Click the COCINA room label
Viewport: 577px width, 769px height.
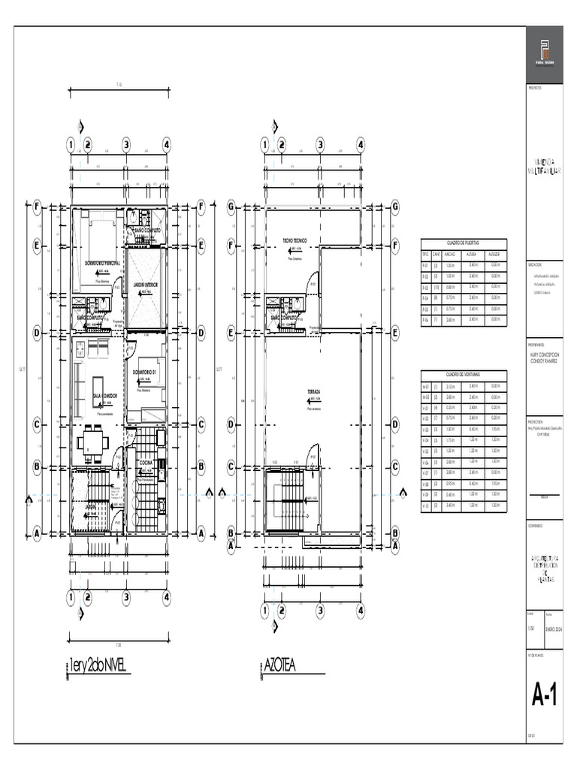click(x=146, y=463)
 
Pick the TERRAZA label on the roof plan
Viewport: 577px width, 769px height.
click(x=314, y=392)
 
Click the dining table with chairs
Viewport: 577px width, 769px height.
click(x=93, y=442)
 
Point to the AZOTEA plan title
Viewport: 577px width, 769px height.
click(x=279, y=665)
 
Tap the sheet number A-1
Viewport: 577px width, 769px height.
click(x=545, y=697)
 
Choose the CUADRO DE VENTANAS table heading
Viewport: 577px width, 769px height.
click(x=464, y=374)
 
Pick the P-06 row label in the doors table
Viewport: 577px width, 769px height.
click(x=425, y=319)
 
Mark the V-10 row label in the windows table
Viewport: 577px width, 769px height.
click(x=425, y=505)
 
